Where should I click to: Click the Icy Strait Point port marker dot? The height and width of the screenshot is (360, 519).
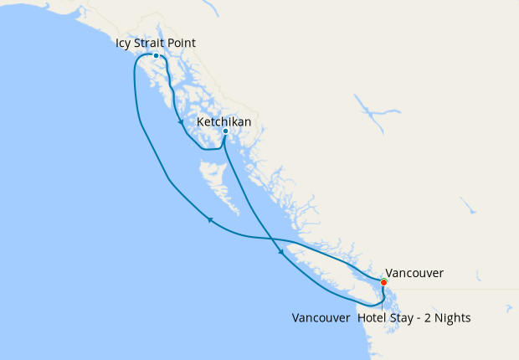coord(156,56)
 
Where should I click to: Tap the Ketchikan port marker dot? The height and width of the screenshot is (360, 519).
coord(225,131)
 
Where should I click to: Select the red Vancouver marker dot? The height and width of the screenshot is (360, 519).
coord(383,282)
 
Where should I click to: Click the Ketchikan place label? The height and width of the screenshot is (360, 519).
coord(224,122)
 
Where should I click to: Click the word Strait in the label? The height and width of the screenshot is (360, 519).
coord(157,43)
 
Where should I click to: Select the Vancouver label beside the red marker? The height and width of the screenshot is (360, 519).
coord(415,273)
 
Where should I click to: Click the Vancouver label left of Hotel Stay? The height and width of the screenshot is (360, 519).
coord(321,318)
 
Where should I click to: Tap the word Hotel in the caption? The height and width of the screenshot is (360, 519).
coord(373,318)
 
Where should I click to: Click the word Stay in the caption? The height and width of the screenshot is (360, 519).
coord(406,318)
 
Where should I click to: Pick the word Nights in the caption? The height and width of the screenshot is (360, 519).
coord(454,318)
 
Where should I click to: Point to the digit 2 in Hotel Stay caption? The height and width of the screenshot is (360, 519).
coord(434,318)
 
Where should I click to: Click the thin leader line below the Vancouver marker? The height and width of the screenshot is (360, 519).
coord(383,298)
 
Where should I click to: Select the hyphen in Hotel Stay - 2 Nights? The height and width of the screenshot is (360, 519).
coord(424,318)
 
